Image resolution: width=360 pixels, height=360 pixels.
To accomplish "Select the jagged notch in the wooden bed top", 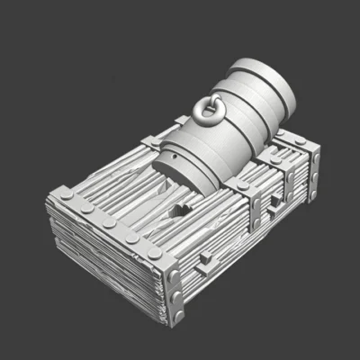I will coord(180,212).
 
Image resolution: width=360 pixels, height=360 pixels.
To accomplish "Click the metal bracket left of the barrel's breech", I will coord(151,141).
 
